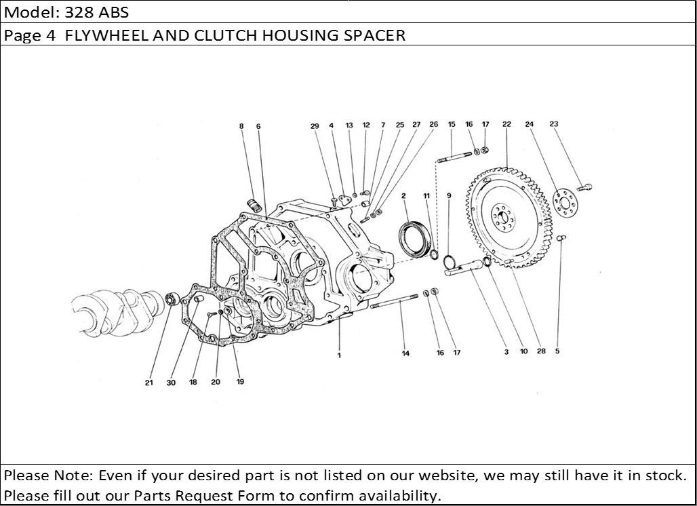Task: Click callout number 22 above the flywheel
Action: [x=506, y=124]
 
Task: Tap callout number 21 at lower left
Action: [x=148, y=383]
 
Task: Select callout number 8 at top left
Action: [x=241, y=126]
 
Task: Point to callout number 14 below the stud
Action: [x=405, y=353]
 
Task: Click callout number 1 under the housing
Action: [x=339, y=355]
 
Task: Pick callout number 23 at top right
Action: [x=554, y=124]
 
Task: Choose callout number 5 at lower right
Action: [x=557, y=351]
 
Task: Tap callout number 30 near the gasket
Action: [x=171, y=383]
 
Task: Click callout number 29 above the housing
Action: [x=315, y=125]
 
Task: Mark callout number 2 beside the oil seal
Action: [x=403, y=195]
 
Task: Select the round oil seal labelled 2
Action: [x=413, y=238]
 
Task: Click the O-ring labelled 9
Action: [x=450, y=261]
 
